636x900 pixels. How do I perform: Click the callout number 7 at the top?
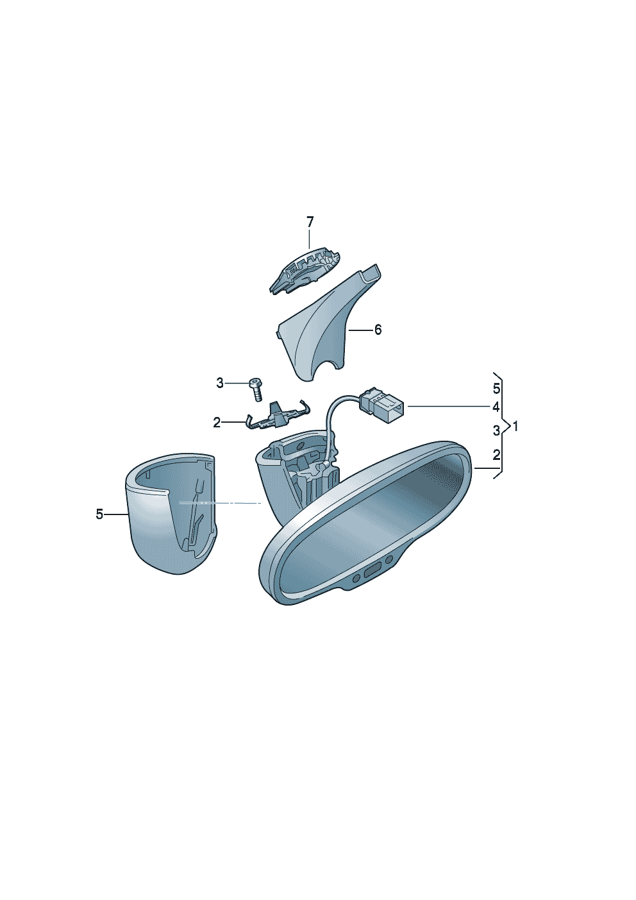[x=309, y=222]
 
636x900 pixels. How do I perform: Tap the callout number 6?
[x=378, y=330]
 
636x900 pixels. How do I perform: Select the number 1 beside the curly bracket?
[x=515, y=427]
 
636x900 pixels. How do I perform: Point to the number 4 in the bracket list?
[x=496, y=407]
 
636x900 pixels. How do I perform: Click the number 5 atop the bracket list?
[x=497, y=389]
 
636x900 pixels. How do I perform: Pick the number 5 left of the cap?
[x=99, y=514]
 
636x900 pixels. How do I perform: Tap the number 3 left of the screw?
[x=220, y=384]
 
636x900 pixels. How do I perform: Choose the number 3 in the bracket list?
[x=497, y=430]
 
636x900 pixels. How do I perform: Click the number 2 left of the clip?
[x=217, y=423]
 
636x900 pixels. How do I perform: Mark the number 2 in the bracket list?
[x=497, y=455]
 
